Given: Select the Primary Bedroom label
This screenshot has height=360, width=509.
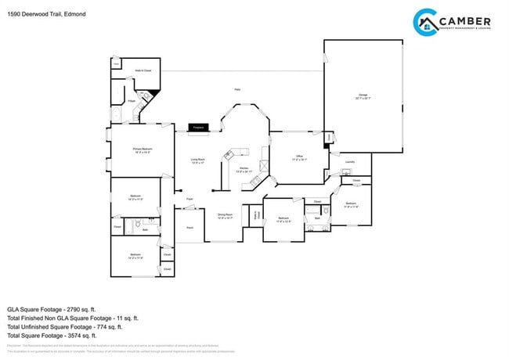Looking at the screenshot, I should coord(142,149).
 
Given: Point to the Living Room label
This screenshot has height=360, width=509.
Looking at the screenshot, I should coord(197,161).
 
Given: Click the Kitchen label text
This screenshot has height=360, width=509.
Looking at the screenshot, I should coord(244,169).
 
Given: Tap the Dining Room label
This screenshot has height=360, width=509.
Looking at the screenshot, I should coord(225,216).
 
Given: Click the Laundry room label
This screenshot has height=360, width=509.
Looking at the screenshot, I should coord(349,162).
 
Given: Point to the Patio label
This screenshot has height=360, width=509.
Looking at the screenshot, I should coord(237,90).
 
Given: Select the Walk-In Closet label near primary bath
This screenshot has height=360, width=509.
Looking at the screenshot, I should coord(143,70).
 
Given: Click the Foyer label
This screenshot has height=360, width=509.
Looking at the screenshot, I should coord(190,200).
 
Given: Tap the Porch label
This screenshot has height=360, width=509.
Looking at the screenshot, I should coord(190,228).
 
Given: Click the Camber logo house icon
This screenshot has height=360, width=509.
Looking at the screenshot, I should coord(428,24).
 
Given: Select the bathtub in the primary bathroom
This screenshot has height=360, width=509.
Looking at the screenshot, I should coord(117,117).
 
